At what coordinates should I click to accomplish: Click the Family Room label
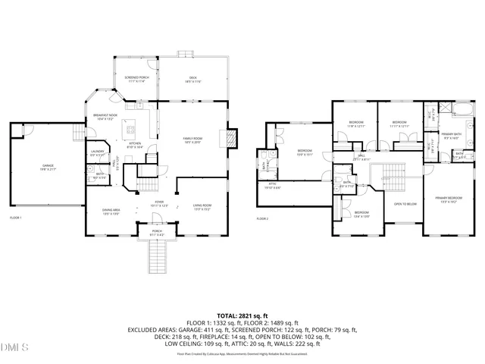pyautogui.click(x=191, y=140)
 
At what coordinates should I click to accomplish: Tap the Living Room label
pyautogui.click(x=201, y=208)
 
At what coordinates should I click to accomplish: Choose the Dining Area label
pyautogui.click(x=111, y=212)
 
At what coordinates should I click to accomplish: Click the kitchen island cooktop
pyautogui.click(x=130, y=126)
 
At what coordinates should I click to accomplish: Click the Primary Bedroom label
pyautogui.click(x=448, y=200)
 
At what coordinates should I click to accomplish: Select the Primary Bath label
pyautogui.click(x=452, y=136)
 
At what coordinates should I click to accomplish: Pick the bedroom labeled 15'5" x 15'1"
pyautogui.click(x=305, y=153)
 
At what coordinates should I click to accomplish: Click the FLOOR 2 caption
pyautogui.click(x=262, y=219)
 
